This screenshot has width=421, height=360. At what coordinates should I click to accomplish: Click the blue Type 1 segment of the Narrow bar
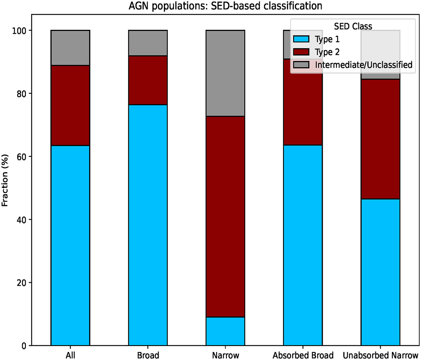point(225,331)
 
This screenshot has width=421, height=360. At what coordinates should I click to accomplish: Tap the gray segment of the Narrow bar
point(225,73)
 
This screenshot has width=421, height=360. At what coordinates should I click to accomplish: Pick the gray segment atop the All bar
point(70,48)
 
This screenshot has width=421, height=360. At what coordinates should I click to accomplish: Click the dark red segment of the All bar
point(70,105)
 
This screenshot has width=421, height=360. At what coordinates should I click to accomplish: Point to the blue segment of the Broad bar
point(148,225)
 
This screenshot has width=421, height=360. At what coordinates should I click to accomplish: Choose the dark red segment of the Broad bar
point(148,80)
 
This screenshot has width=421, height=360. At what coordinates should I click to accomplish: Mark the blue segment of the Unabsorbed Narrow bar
point(380,272)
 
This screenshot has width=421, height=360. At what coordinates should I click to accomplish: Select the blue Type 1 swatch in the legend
point(301,39)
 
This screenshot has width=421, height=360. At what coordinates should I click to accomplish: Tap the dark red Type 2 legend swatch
point(301,52)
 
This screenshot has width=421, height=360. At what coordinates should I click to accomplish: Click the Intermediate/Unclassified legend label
point(363,65)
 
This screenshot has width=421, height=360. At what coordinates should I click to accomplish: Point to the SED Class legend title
point(353,26)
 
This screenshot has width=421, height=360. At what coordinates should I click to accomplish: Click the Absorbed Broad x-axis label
point(303,355)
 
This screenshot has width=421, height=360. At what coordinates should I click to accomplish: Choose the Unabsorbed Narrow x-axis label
point(380,355)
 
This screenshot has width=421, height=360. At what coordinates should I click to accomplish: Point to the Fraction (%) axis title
point(5,180)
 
